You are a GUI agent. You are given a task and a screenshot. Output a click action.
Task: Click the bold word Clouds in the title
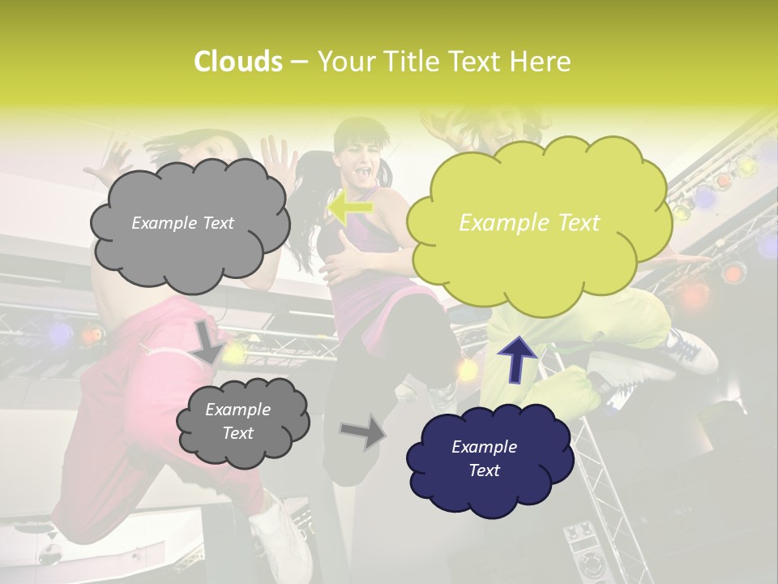[x=237, y=62]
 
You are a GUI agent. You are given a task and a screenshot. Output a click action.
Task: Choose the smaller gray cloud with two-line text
[x=242, y=422]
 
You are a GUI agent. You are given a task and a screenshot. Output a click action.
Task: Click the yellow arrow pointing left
[x=349, y=207]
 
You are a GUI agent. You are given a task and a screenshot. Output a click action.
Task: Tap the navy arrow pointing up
[x=517, y=358]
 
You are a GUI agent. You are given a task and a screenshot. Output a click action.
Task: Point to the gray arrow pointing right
[x=363, y=431]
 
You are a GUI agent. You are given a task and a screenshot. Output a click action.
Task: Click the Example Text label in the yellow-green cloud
[x=529, y=223]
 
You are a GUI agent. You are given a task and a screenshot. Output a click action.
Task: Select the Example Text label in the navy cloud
[x=484, y=458]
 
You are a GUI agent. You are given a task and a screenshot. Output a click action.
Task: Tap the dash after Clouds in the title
[x=298, y=62]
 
